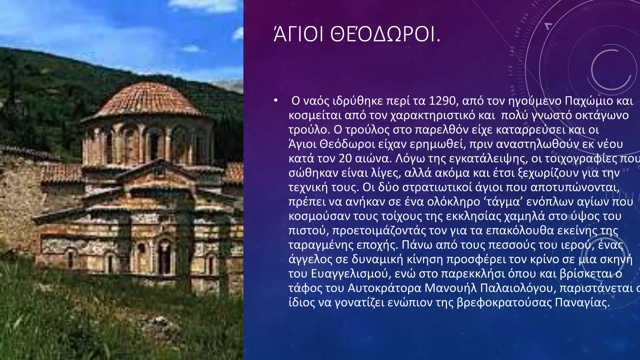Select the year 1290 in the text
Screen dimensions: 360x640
(x=442, y=101)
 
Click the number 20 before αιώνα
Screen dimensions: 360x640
(x=345, y=158)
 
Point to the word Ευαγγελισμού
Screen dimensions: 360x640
(x=351, y=273)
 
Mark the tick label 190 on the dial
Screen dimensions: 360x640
(x=518, y=32)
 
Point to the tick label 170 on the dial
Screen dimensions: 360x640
(x=511, y=71)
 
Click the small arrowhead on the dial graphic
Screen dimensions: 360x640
(x=548, y=26)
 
